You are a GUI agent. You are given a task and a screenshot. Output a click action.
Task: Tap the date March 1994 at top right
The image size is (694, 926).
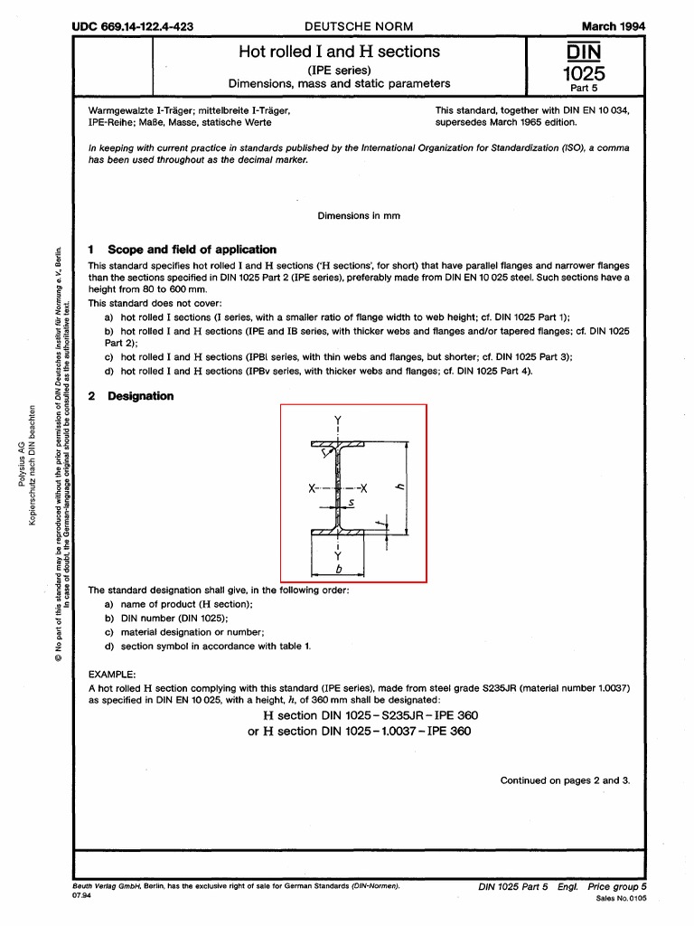pos(613,27)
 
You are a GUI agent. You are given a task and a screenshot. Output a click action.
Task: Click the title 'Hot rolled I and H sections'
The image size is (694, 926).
pos(339,52)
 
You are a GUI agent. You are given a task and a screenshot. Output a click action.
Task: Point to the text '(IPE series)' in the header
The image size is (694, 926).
pos(339,69)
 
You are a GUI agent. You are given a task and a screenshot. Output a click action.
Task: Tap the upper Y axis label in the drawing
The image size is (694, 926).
pos(337,420)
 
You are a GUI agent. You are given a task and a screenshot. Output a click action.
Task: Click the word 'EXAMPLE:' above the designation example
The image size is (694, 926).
pos(112,675)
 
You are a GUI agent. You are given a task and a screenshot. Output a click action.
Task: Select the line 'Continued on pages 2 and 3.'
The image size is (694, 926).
pos(565,780)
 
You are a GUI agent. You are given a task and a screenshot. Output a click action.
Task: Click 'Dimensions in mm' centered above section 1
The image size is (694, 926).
pos(359,216)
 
